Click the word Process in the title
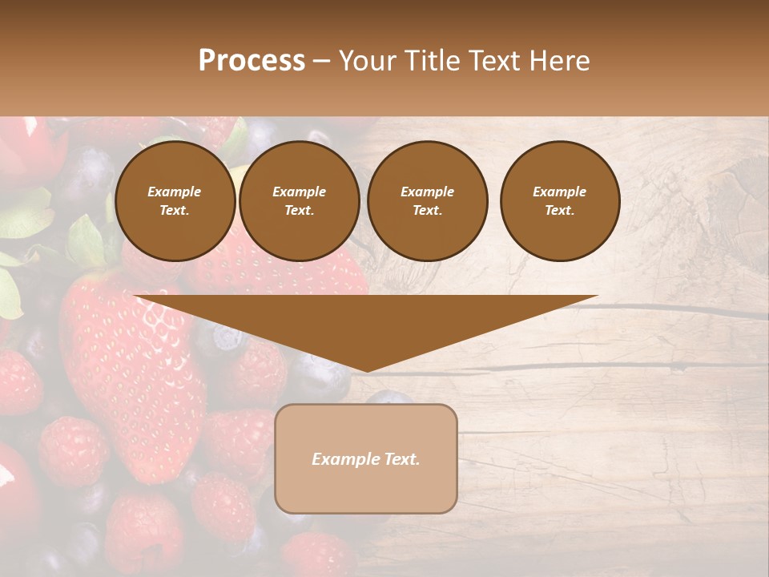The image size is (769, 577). point(252,61)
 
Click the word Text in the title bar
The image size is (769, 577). point(497,61)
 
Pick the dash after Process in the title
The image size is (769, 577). point(321,62)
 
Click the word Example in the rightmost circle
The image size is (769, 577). point(559,192)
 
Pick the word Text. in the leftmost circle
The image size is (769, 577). point(175,210)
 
